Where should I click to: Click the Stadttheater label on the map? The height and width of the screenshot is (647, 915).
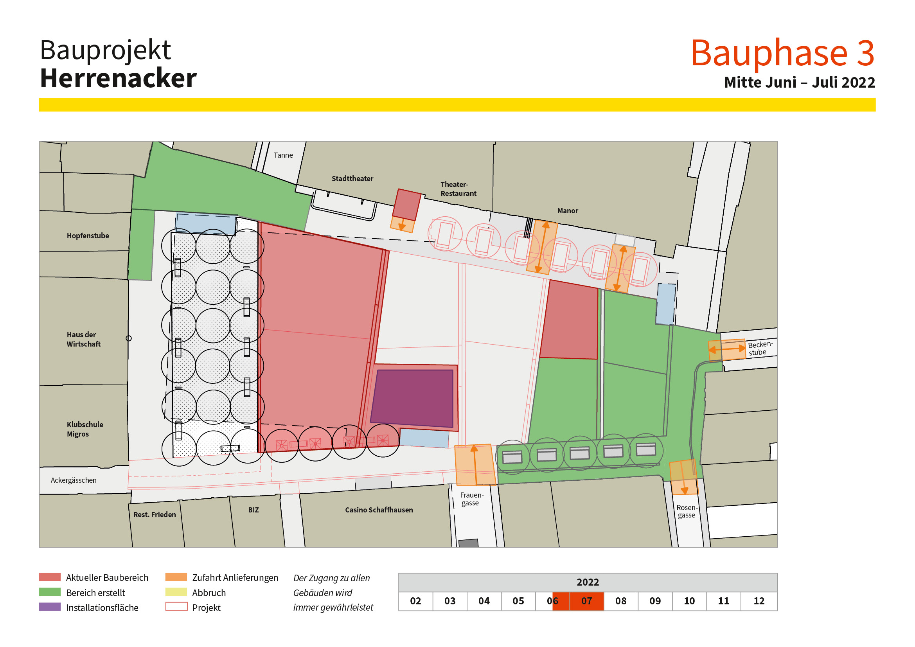pyautogui.click(x=352, y=178)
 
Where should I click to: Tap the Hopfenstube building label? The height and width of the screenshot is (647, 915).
pyautogui.click(x=88, y=235)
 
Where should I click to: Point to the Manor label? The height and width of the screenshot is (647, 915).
pyautogui.click(x=568, y=210)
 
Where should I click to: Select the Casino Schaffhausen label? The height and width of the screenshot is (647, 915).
pyautogui.click(x=379, y=510)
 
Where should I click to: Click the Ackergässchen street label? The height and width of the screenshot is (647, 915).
pyautogui.click(x=73, y=480)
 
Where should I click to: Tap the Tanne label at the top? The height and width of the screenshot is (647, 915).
pyautogui.click(x=283, y=155)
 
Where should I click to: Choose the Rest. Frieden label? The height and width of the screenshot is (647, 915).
pyautogui.click(x=154, y=514)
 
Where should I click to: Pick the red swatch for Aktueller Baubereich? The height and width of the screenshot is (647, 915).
pyautogui.click(x=50, y=577)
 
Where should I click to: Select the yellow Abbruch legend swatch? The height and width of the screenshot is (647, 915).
pyautogui.click(x=176, y=592)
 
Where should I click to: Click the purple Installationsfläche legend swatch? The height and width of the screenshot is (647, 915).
pyautogui.click(x=50, y=607)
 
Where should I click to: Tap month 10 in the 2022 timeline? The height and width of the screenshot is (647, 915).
pyautogui.click(x=689, y=601)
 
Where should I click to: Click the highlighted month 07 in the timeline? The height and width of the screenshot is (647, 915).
pyautogui.click(x=587, y=601)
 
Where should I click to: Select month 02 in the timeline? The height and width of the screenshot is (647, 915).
pyautogui.click(x=415, y=601)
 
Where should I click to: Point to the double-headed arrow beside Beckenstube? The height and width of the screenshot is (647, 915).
pyautogui.click(x=727, y=349)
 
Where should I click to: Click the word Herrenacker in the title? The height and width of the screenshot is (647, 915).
pyautogui.click(x=119, y=78)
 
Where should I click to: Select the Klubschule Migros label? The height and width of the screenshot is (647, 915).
pyautogui.click(x=84, y=429)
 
